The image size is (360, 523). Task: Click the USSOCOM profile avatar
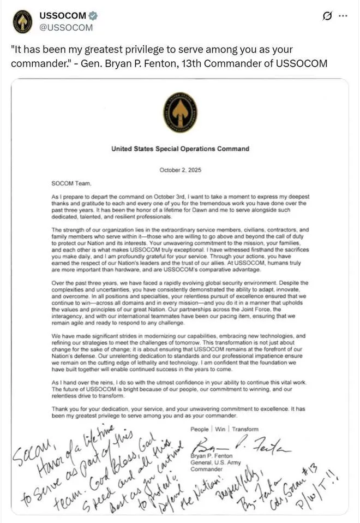22,21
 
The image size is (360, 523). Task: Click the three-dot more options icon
343,16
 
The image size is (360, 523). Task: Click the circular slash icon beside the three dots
327,16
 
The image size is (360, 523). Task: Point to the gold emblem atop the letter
179,112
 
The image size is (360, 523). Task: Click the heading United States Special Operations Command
180,148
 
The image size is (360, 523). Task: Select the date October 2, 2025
180,170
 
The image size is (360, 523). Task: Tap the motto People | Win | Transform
224,429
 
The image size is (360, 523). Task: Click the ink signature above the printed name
243,443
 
